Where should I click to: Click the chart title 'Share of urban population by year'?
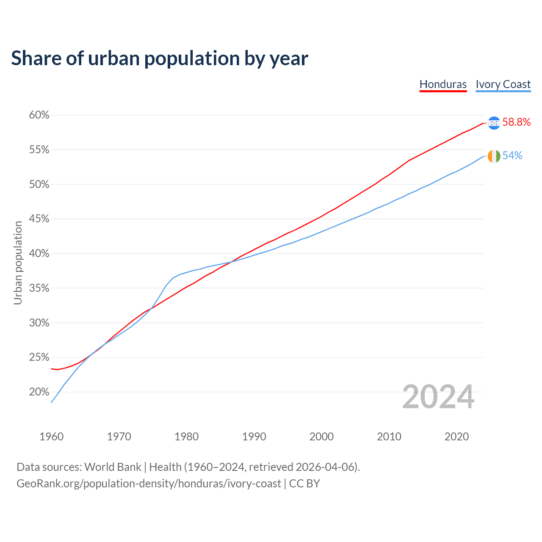[160, 58]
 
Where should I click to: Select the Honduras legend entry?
[443, 84]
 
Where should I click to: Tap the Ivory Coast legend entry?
[503, 84]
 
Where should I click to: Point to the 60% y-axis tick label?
[39, 115]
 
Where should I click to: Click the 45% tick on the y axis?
[39, 219]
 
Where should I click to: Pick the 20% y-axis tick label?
[39, 392]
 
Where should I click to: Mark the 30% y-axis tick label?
[39, 323]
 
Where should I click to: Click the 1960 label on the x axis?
[52, 437]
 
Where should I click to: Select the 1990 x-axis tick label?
[254, 437]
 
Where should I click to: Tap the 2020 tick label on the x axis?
[456, 437]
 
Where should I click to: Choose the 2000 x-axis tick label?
[321, 437]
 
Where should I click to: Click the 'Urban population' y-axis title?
[18, 263]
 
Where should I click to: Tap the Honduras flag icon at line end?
[494, 123]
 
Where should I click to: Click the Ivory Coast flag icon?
[494, 156]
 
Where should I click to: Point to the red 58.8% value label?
[517, 122]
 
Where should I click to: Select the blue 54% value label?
[512, 156]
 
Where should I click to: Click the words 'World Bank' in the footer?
[113, 467]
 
